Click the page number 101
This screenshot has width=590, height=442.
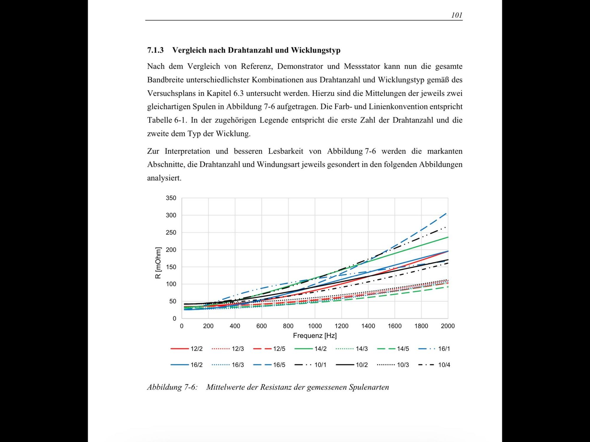tap(457, 15)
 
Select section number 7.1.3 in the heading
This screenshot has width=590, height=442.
tap(155, 50)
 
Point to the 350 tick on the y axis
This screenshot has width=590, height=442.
tap(171, 198)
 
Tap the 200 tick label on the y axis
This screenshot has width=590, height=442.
tap(171, 250)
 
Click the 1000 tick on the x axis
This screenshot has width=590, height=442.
tap(315, 326)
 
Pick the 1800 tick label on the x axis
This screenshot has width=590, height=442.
tap(421, 326)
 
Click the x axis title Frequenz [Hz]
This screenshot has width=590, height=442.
tap(315, 336)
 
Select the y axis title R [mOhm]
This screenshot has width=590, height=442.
tap(158, 263)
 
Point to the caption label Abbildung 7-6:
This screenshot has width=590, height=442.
tap(172, 387)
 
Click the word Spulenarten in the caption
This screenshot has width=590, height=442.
tap(369, 387)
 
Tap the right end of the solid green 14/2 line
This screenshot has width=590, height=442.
tap(448, 237)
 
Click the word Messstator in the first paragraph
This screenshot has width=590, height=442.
tap(362, 66)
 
